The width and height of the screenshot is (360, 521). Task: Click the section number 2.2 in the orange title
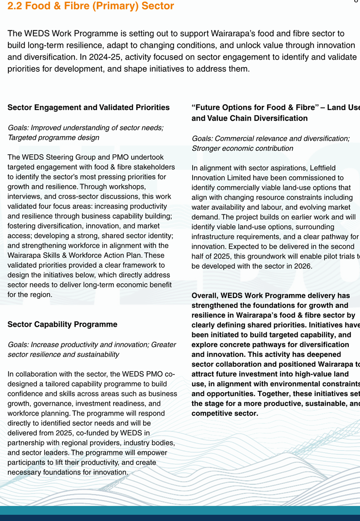[15, 6]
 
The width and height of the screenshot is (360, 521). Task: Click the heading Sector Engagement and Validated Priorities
[88, 108]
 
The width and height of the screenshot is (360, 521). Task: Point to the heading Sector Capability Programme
[62, 324]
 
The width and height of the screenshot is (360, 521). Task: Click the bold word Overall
[205, 295]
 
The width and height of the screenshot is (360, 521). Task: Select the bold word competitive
[212, 413]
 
